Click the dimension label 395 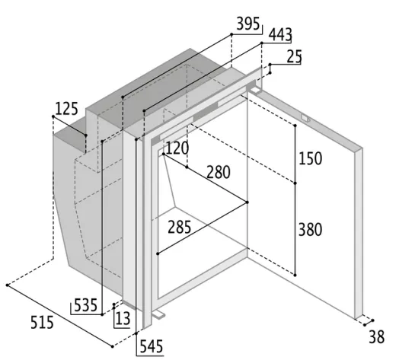tap(248, 24)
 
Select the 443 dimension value tap(280, 35)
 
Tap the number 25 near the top tap(294, 56)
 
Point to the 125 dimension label tap(66, 109)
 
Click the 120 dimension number tap(177, 148)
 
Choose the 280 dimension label tap(219, 172)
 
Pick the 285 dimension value tap(179, 227)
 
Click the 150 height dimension tap(310, 158)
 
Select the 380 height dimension tap(310, 230)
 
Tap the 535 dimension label tap(85, 305)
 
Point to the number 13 tap(123, 319)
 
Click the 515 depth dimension tap(42, 323)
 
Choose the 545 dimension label tap(152, 346)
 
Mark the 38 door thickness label tap(377, 337)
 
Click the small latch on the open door tap(305, 118)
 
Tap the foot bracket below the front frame tap(158, 314)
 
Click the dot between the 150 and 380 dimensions tap(295, 183)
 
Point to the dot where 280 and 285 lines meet tap(247, 202)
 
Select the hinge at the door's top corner tap(254, 89)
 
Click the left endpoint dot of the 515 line tap(8, 285)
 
